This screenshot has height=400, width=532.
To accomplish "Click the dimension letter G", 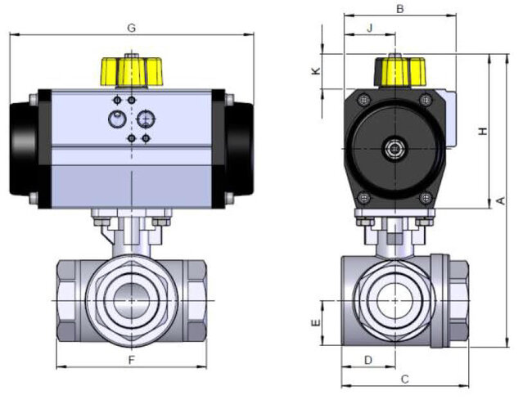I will [x=131, y=27].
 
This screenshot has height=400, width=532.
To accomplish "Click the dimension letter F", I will [x=131, y=361].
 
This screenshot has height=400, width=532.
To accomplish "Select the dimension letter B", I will [x=399, y=9].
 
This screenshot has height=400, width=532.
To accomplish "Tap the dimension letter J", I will [x=369, y=28].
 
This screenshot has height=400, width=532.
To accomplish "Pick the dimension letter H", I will [x=483, y=132].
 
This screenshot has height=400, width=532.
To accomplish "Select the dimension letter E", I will [x=315, y=324].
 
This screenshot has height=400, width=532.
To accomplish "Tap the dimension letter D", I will [x=368, y=360].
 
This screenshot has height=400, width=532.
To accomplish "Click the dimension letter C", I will [x=404, y=379].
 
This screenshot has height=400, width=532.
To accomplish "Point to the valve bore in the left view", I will [x=131, y=300].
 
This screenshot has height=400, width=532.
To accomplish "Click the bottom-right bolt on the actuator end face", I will [x=425, y=197].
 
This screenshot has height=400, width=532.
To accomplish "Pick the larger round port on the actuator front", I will [x=146, y=119].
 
